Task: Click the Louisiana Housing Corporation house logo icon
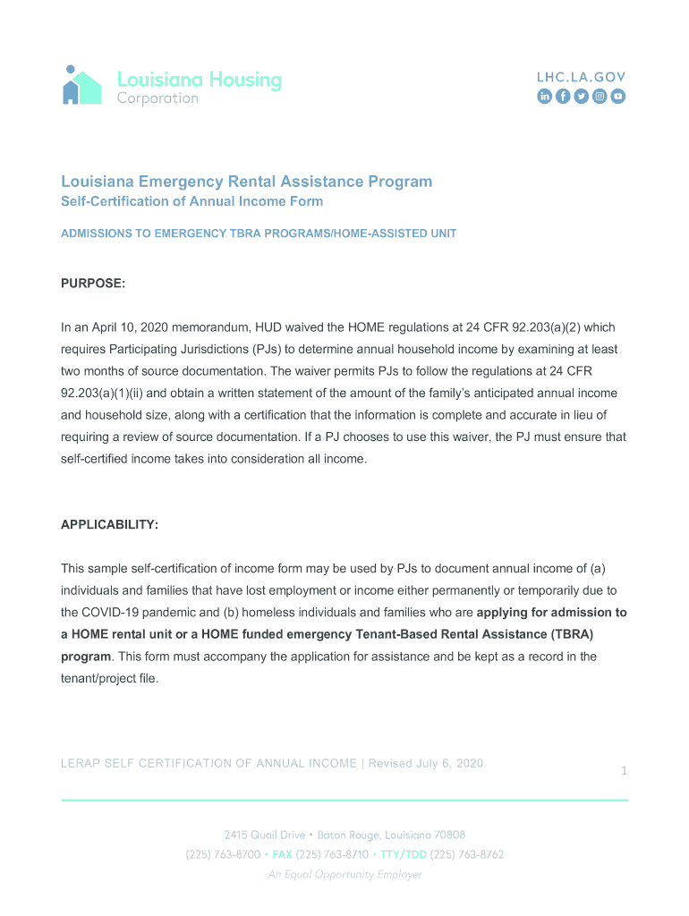[81, 85]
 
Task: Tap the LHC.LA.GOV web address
[581, 77]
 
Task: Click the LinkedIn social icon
[544, 97]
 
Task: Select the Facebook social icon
[563, 97]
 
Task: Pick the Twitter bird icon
[581, 97]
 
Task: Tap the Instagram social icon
[600, 97]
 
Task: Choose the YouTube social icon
[617, 97]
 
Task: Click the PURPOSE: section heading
[93, 284]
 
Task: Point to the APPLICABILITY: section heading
[109, 525]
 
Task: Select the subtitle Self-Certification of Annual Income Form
[191, 202]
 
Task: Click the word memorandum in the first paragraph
[218, 327]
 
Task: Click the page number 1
[624, 771]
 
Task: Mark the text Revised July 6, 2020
[425, 763]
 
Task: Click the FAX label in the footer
[282, 854]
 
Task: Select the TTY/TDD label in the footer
[403, 854]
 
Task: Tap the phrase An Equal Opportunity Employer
[344, 874]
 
